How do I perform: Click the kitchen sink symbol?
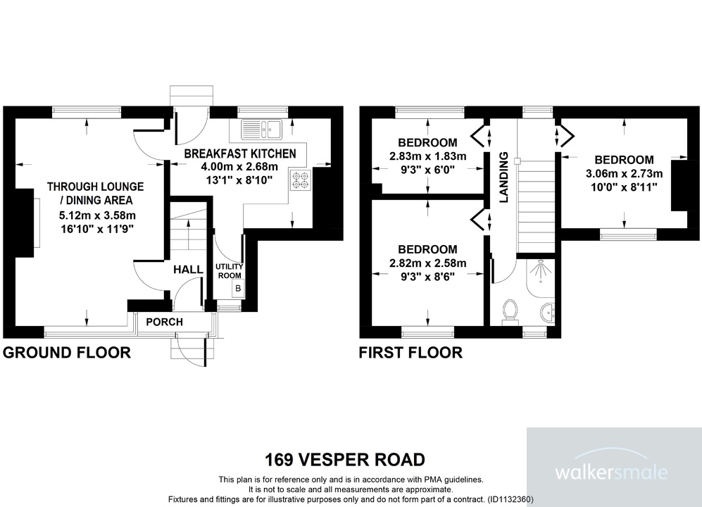coord(261,128)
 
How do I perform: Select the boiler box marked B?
coord(238,289)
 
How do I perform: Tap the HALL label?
coord(188,270)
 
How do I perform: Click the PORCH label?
coord(164,322)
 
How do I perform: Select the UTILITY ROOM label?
coord(229,271)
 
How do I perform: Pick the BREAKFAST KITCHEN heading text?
coord(240,154)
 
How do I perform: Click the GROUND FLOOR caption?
coord(67,353)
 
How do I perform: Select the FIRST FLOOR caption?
coord(410,353)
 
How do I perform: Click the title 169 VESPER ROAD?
coord(345,461)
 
